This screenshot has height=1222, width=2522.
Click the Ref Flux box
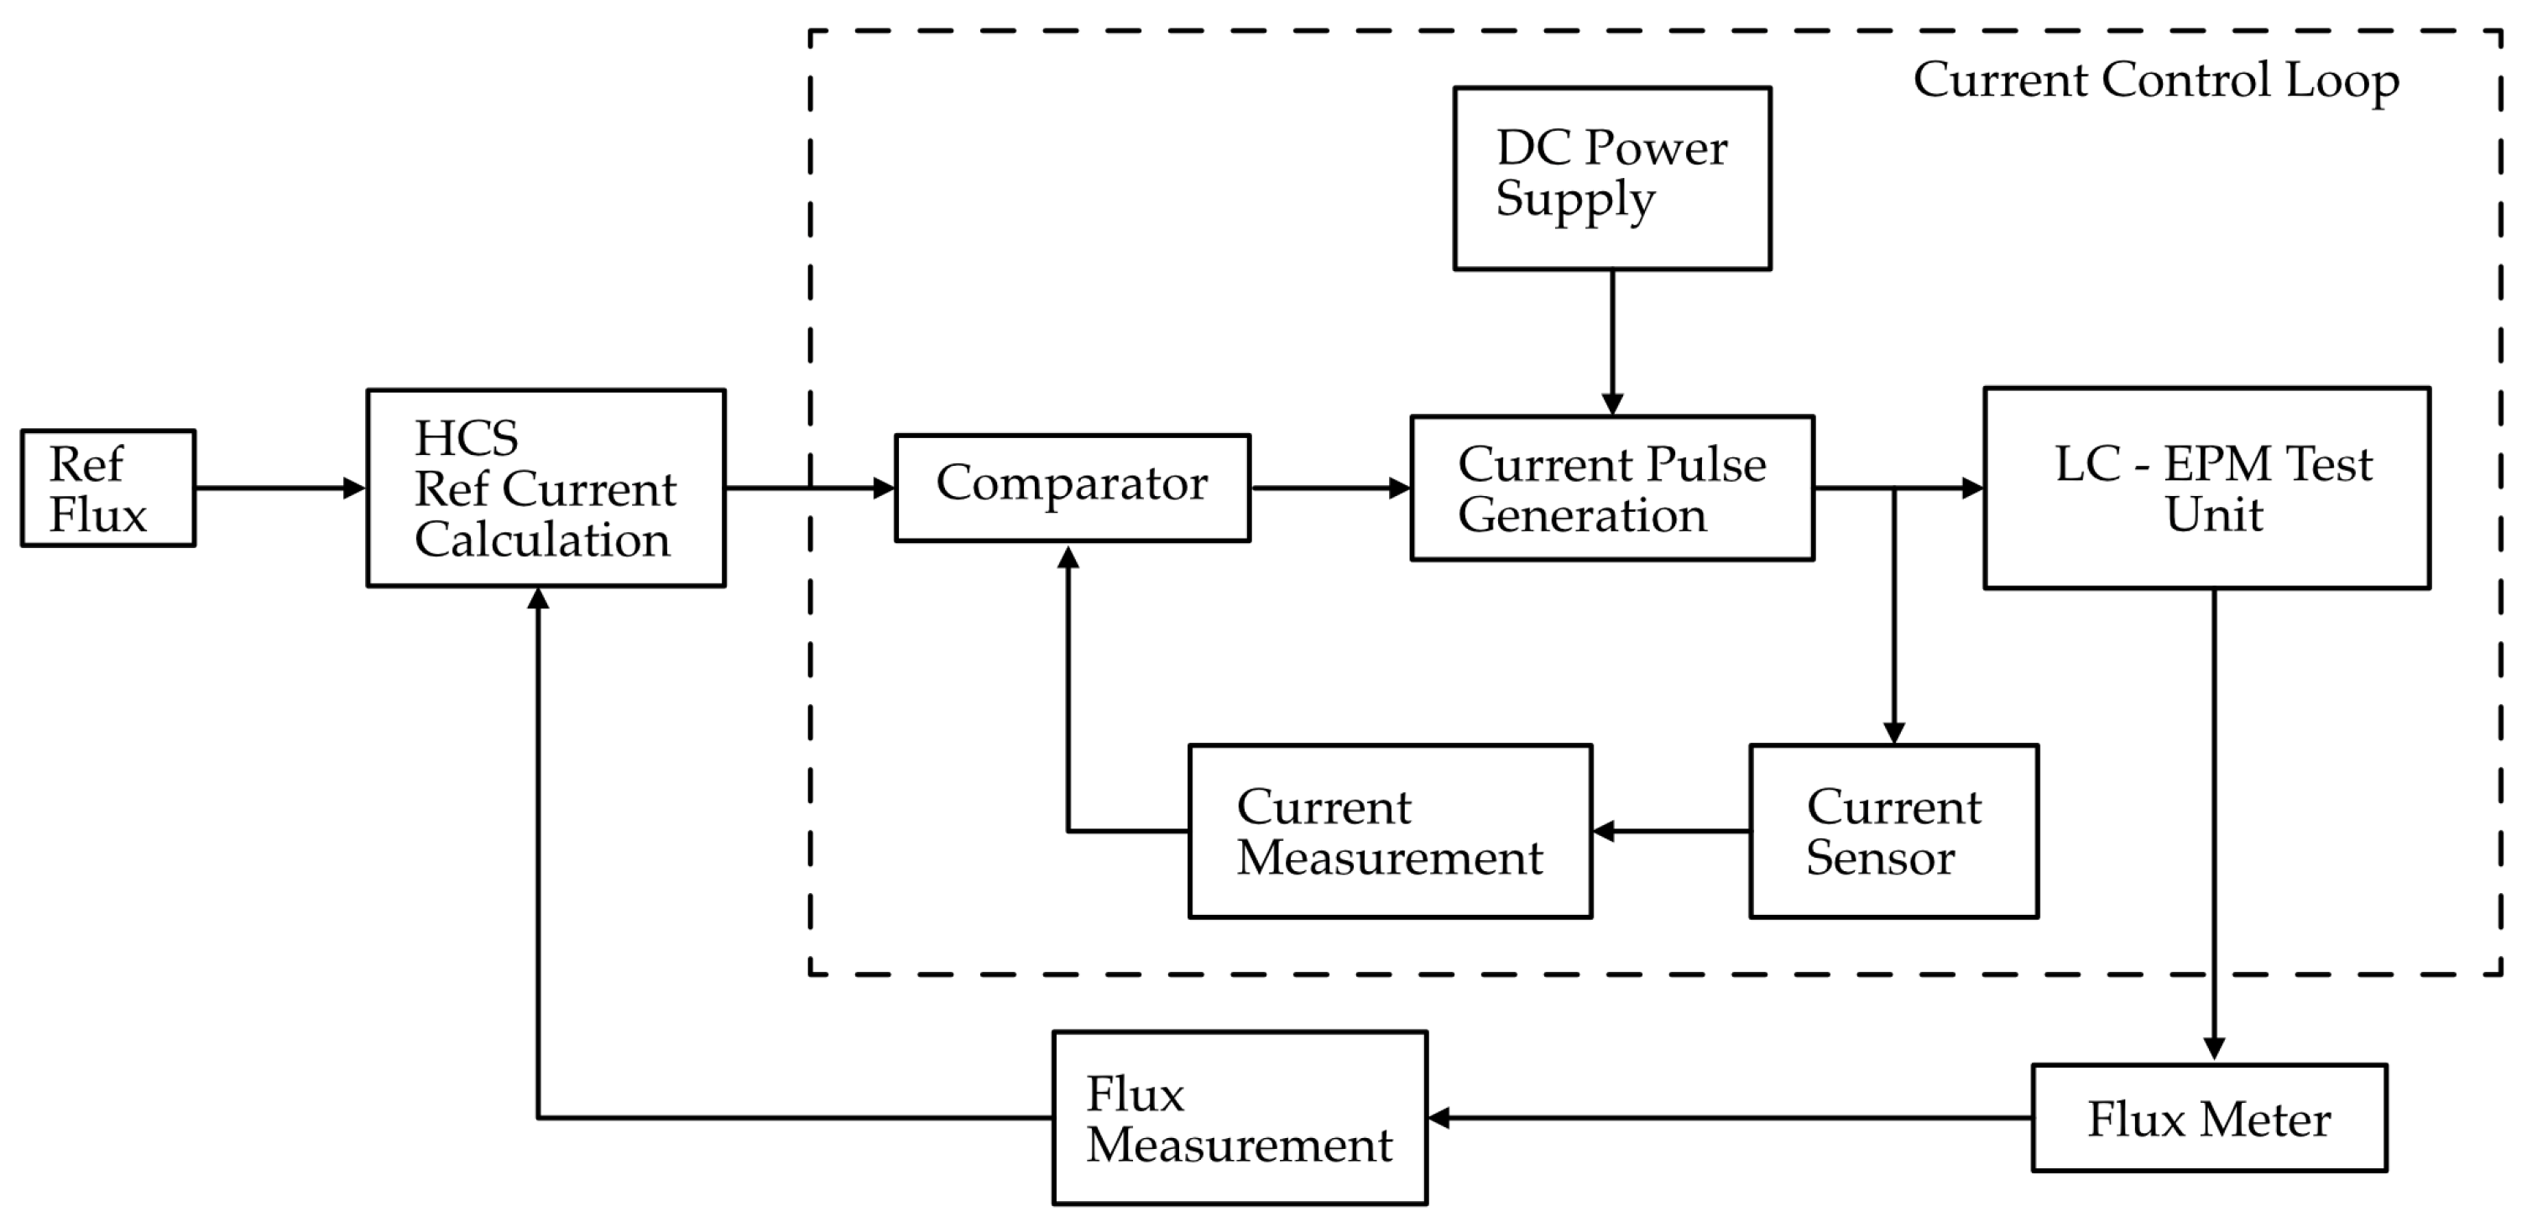[x=107, y=488]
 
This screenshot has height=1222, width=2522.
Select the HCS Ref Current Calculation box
[x=546, y=488]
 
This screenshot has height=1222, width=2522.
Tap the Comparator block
[x=1072, y=488]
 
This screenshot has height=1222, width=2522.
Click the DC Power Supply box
[x=1611, y=178]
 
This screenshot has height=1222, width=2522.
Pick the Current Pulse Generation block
[x=1611, y=488]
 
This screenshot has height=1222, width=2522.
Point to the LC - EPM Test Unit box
[x=2206, y=488]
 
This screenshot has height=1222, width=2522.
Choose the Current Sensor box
[x=1893, y=830]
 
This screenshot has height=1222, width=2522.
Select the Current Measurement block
[x=1389, y=830]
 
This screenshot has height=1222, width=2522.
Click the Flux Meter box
[x=2209, y=1117]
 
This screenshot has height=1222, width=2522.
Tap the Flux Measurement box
[x=1240, y=1117]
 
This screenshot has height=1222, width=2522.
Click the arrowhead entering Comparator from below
[x=1068, y=557]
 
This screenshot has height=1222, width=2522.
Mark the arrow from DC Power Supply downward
[x=1611, y=342]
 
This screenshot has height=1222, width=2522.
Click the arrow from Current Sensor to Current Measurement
[x=1670, y=831]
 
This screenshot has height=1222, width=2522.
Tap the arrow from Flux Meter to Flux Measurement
[x=1729, y=1117]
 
